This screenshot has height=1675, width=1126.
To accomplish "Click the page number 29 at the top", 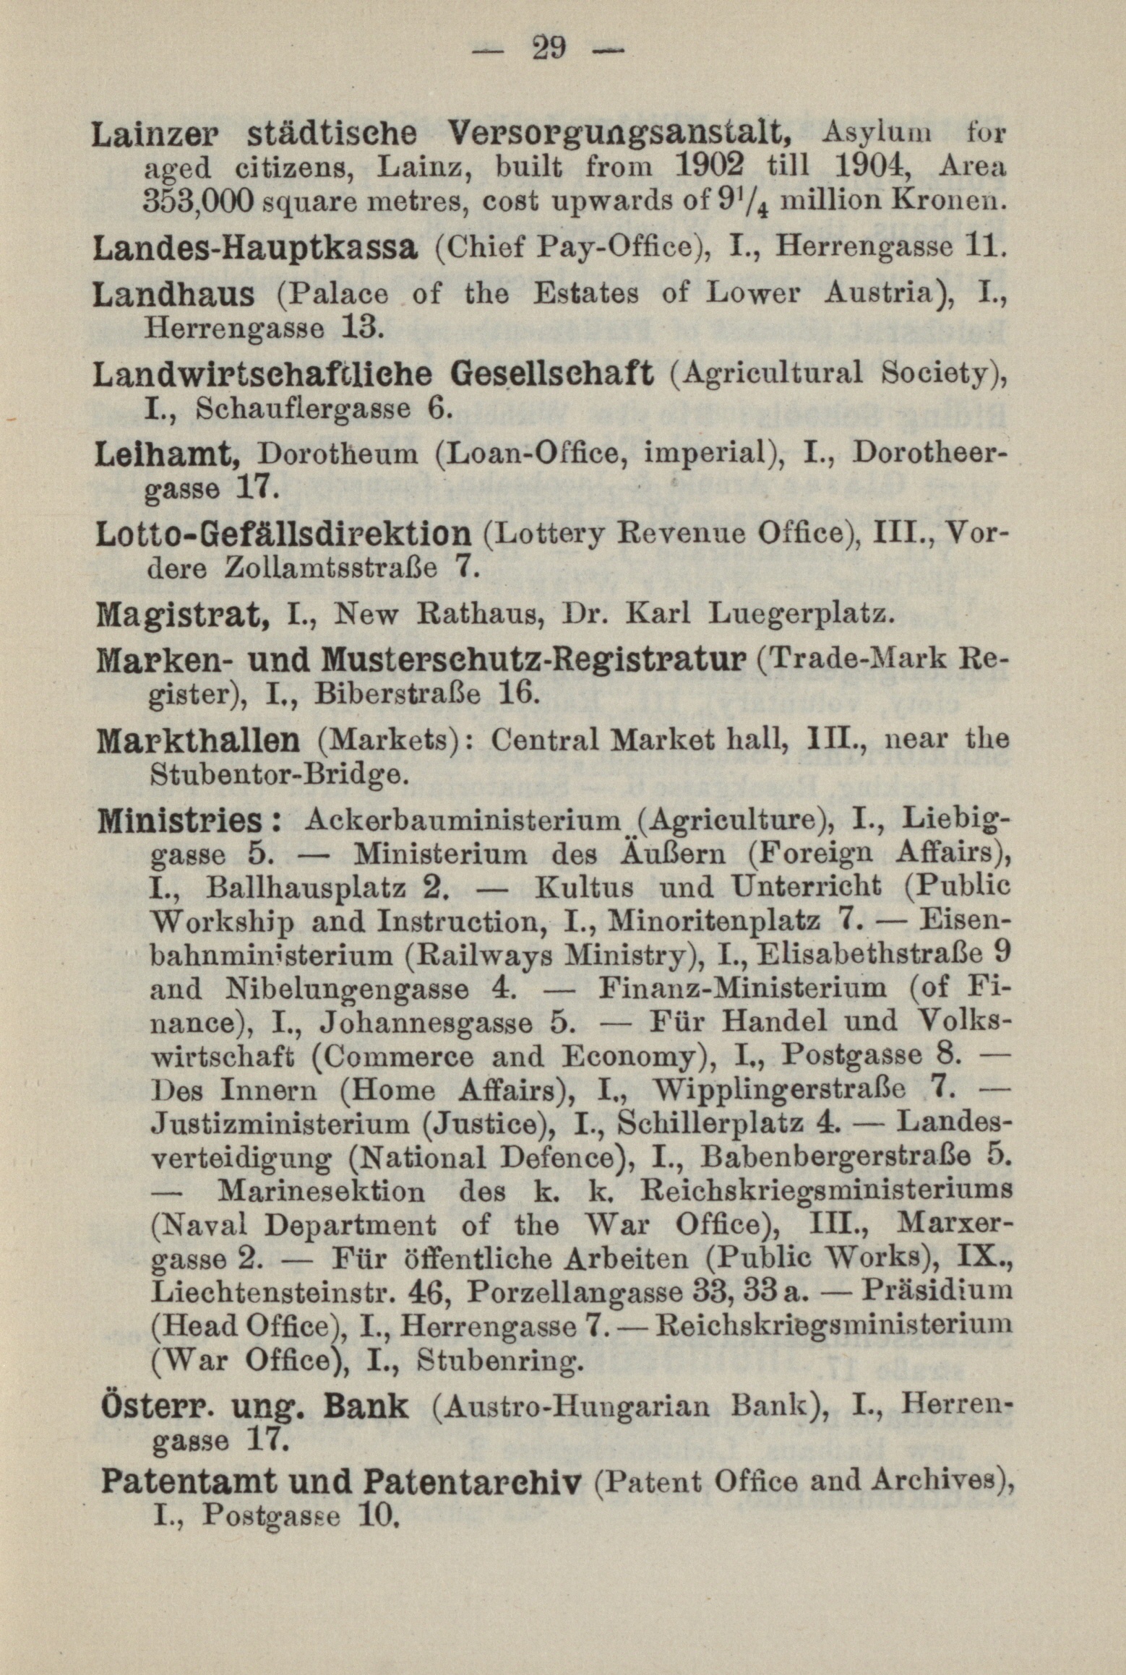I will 549,50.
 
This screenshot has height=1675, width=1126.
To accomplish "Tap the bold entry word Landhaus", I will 174,295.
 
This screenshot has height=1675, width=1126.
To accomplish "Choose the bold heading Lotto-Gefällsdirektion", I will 283,534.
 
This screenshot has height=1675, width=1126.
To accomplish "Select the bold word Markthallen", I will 197,740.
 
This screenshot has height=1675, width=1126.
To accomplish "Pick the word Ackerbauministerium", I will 463,821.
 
